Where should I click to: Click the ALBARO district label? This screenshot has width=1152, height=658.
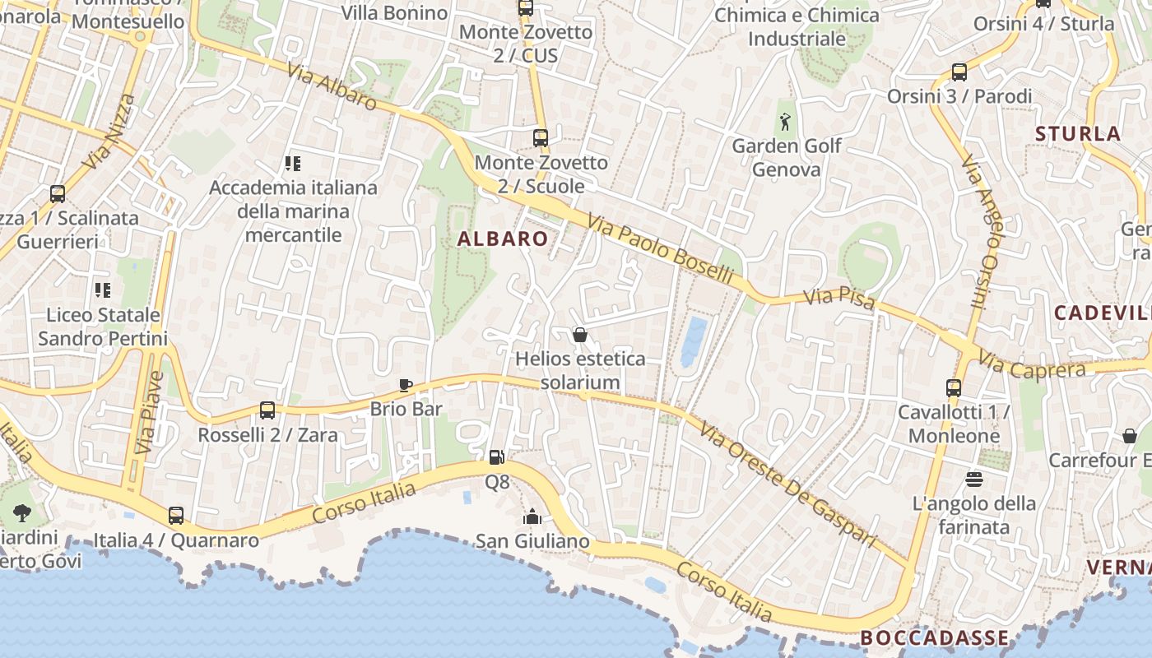coord(503,239)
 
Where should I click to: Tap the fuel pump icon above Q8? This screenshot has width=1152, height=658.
coord(496,457)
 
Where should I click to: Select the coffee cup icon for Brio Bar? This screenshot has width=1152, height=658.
coord(405,385)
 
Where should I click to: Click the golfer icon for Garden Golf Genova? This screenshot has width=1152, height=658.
coord(786,122)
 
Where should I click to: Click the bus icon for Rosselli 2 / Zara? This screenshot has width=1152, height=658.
coord(267,410)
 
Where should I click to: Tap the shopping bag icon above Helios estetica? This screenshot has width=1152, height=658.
coord(580,335)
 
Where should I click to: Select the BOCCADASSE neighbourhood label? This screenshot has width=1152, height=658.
coord(934,637)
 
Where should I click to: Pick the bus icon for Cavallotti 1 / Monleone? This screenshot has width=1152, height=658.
coord(954,387)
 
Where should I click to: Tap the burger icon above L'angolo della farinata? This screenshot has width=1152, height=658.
coord(974,479)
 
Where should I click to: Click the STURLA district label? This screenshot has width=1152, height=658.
coord(1078,133)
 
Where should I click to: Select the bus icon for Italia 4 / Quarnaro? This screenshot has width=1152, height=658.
coord(176,516)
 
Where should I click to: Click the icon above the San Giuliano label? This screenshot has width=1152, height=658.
coord(532,517)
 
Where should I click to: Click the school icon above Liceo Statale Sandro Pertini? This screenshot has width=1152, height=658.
coord(103,290)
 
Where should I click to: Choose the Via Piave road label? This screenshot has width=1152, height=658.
coord(151,413)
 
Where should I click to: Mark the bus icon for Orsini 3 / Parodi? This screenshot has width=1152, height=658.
coord(959,72)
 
